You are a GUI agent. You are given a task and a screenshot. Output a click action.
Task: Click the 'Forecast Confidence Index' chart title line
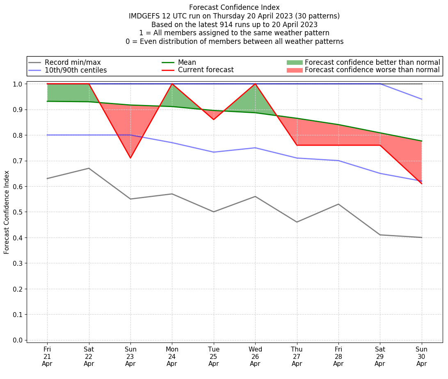coord(234,7)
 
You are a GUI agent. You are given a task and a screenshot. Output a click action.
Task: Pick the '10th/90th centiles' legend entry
coord(75,70)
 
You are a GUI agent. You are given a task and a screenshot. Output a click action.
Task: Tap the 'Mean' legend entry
coord(187,62)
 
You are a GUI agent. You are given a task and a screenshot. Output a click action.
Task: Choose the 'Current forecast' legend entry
coord(206,70)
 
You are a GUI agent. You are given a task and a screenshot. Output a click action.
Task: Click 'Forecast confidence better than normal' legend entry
coord(372,62)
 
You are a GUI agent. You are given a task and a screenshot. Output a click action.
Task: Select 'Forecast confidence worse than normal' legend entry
coord(372,70)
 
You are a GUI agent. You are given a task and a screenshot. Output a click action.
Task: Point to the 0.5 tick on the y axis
coord(18,212)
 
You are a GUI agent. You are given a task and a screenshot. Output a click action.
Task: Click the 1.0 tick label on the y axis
coord(18,84)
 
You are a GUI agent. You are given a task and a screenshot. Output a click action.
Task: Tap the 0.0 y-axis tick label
coord(18,340)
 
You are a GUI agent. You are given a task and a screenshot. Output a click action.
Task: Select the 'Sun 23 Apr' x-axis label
coord(130,356)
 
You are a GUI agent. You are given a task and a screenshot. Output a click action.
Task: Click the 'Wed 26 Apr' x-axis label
coord(255,356)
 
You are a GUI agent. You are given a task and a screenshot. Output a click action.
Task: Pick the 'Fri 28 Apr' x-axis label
coord(338,356)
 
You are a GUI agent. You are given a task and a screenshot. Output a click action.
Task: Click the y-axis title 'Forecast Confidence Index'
coord(7,212)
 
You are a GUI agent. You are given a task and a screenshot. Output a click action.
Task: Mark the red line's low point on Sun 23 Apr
coord(130,158)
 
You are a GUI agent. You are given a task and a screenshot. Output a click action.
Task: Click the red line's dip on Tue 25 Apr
coord(214,119)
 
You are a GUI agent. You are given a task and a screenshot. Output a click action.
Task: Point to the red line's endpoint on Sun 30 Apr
coord(422,184)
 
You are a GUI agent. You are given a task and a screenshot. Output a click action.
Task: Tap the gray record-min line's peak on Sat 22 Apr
coord(89,168)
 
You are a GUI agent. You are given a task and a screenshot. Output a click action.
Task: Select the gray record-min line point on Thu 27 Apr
coord(297,222)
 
